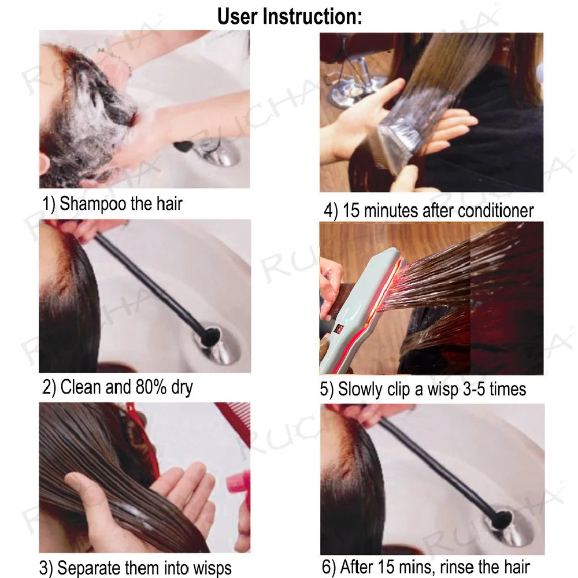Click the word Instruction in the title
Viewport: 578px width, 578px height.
coord(312,16)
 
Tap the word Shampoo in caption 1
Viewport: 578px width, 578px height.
coord(93,203)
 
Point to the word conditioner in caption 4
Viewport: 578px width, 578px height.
coord(495,211)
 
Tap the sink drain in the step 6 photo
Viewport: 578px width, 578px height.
coord(509,520)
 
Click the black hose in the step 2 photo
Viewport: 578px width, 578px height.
coord(150,283)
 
